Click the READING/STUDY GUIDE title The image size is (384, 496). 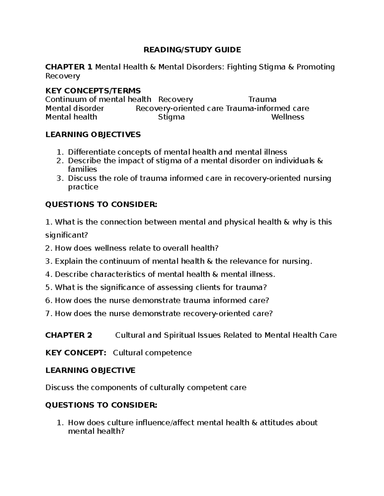pyautogui.click(x=192, y=50)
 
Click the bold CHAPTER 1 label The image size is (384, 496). pyautogui.click(x=69, y=67)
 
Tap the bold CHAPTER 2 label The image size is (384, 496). pyautogui.click(x=69, y=335)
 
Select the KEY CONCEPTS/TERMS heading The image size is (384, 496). pyautogui.click(x=93, y=91)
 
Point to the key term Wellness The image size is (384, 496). pyautogui.click(x=288, y=117)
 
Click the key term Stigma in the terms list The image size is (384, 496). pyautogui.click(x=171, y=117)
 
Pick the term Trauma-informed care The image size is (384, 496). pyautogui.click(x=268, y=108)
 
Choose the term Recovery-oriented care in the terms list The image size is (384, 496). pyautogui.click(x=180, y=108)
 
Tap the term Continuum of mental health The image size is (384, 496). pyautogui.click(x=98, y=100)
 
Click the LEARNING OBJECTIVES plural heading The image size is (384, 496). pyautogui.click(x=93, y=134)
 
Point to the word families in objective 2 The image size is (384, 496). pyautogui.click(x=82, y=169)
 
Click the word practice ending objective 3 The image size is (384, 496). pyautogui.click(x=83, y=187)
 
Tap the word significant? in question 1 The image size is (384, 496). pyautogui.click(x=66, y=235)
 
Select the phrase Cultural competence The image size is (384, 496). pyautogui.click(x=152, y=353)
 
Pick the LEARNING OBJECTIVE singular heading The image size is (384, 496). pyautogui.click(x=90, y=370)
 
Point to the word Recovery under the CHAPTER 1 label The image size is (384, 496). pyautogui.click(x=63, y=76)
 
